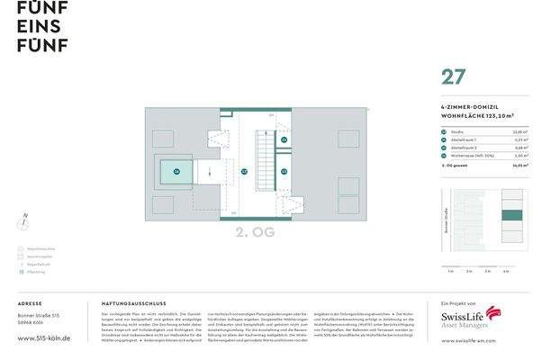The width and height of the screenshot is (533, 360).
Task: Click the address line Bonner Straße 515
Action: [40, 316]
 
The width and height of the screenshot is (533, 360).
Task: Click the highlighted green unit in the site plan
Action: [510, 215]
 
